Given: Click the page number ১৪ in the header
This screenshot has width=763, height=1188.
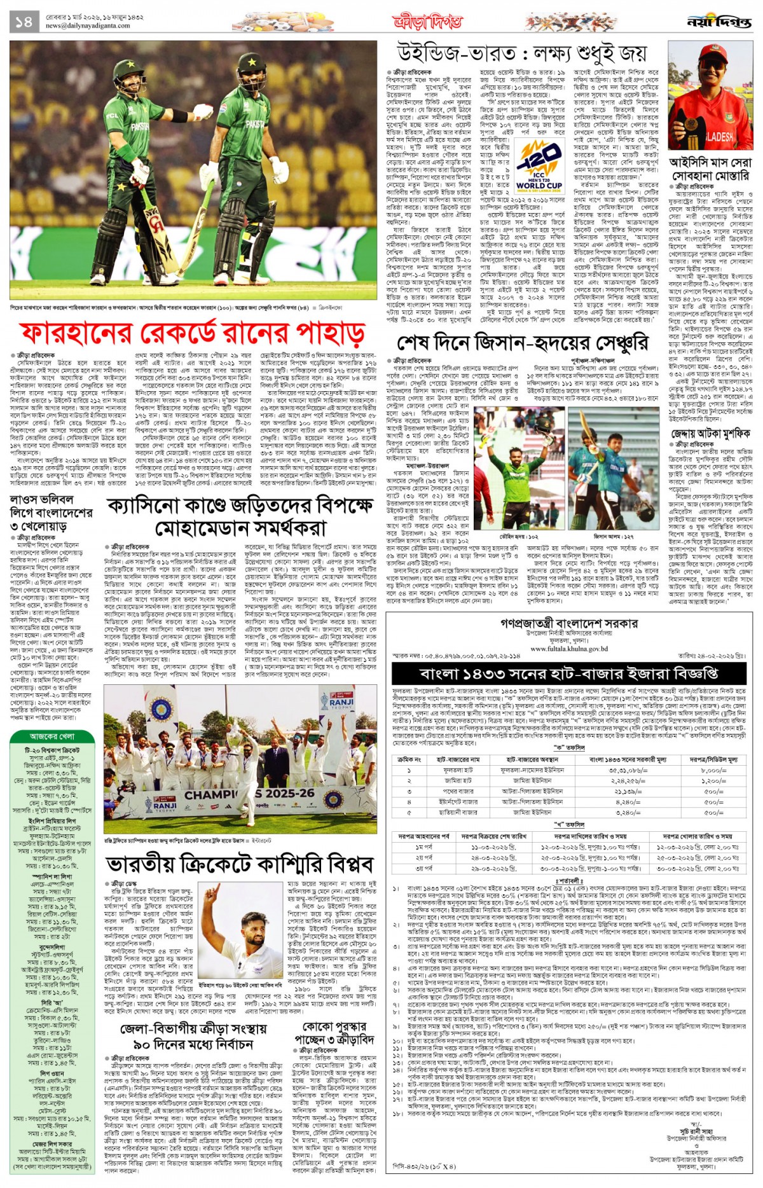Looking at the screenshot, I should [x=23, y=22].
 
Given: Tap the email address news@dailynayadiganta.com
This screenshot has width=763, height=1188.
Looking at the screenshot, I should [x=88, y=26].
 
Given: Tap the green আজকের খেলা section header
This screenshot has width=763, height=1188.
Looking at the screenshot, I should [x=52, y=736].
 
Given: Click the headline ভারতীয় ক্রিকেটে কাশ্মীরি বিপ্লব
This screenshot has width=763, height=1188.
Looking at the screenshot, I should [x=240, y=864].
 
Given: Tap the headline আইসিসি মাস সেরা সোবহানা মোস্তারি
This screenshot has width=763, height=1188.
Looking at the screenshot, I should [x=710, y=169].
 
